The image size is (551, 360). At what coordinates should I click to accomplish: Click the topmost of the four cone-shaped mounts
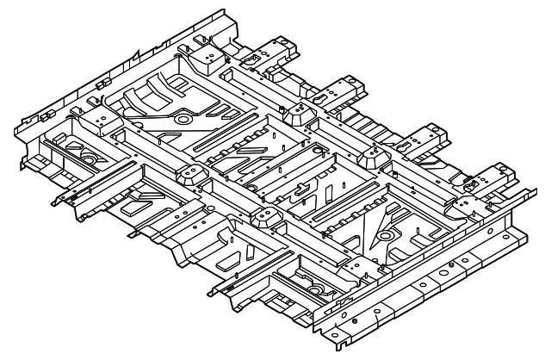click(x=299, y=115)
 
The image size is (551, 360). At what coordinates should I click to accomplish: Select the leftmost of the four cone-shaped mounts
click(x=189, y=172)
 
